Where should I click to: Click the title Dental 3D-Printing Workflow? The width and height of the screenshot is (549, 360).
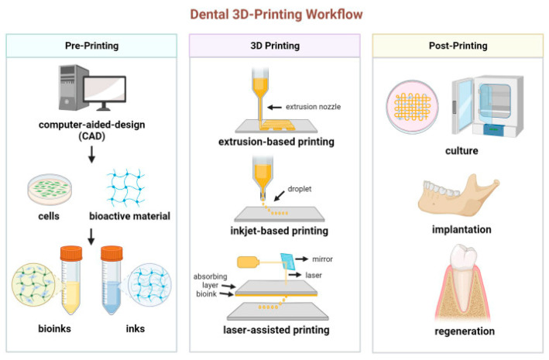276,15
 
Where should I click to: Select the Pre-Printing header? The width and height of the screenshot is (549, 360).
91,46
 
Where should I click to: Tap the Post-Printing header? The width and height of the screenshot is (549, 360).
458,46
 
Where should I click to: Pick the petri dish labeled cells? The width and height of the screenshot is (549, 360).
50,190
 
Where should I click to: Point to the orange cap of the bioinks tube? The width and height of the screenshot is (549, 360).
71,253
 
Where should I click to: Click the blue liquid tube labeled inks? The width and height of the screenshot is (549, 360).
112,280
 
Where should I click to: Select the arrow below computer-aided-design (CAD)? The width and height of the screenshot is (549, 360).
91,154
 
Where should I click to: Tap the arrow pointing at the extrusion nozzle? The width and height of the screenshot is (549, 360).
274,107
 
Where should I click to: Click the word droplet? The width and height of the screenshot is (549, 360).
300,189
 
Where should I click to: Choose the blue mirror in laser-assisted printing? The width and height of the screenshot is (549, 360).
288,262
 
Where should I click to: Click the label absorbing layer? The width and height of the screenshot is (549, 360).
210,281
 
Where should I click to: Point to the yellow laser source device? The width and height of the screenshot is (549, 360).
249,262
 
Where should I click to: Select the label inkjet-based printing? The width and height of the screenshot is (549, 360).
279,231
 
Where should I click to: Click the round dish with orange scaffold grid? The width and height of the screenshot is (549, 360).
412,107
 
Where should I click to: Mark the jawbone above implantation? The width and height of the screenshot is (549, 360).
458,195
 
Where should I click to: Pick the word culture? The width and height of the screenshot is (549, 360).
462,151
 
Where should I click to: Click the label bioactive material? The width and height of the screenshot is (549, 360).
129,216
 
